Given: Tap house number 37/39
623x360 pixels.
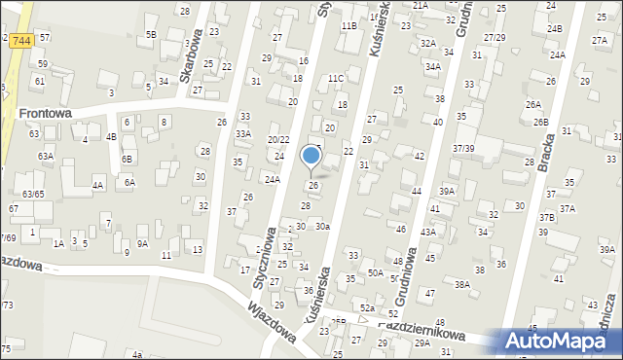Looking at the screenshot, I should tap(463, 148).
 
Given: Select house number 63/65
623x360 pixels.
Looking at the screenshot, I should tap(33, 194).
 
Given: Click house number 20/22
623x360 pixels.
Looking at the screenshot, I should tap(278, 140).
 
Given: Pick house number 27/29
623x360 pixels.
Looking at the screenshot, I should tap(495, 37).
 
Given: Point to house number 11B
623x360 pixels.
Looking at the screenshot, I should tap(348, 26).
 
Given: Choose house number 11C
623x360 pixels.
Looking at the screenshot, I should tap(336, 78).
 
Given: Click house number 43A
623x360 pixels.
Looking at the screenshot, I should tap(427, 233).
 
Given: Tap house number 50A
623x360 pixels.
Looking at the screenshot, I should tap(375, 274).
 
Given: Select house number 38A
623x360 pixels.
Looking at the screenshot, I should tap(462, 284).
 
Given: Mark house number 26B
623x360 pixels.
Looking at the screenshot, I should tap(540, 122).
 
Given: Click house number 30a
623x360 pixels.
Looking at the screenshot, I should tap(322, 226).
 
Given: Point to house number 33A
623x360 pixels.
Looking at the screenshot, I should tap(243, 133).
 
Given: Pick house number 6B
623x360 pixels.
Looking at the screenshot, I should tap(126, 159).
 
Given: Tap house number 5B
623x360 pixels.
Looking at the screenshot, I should tap(151, 34).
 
